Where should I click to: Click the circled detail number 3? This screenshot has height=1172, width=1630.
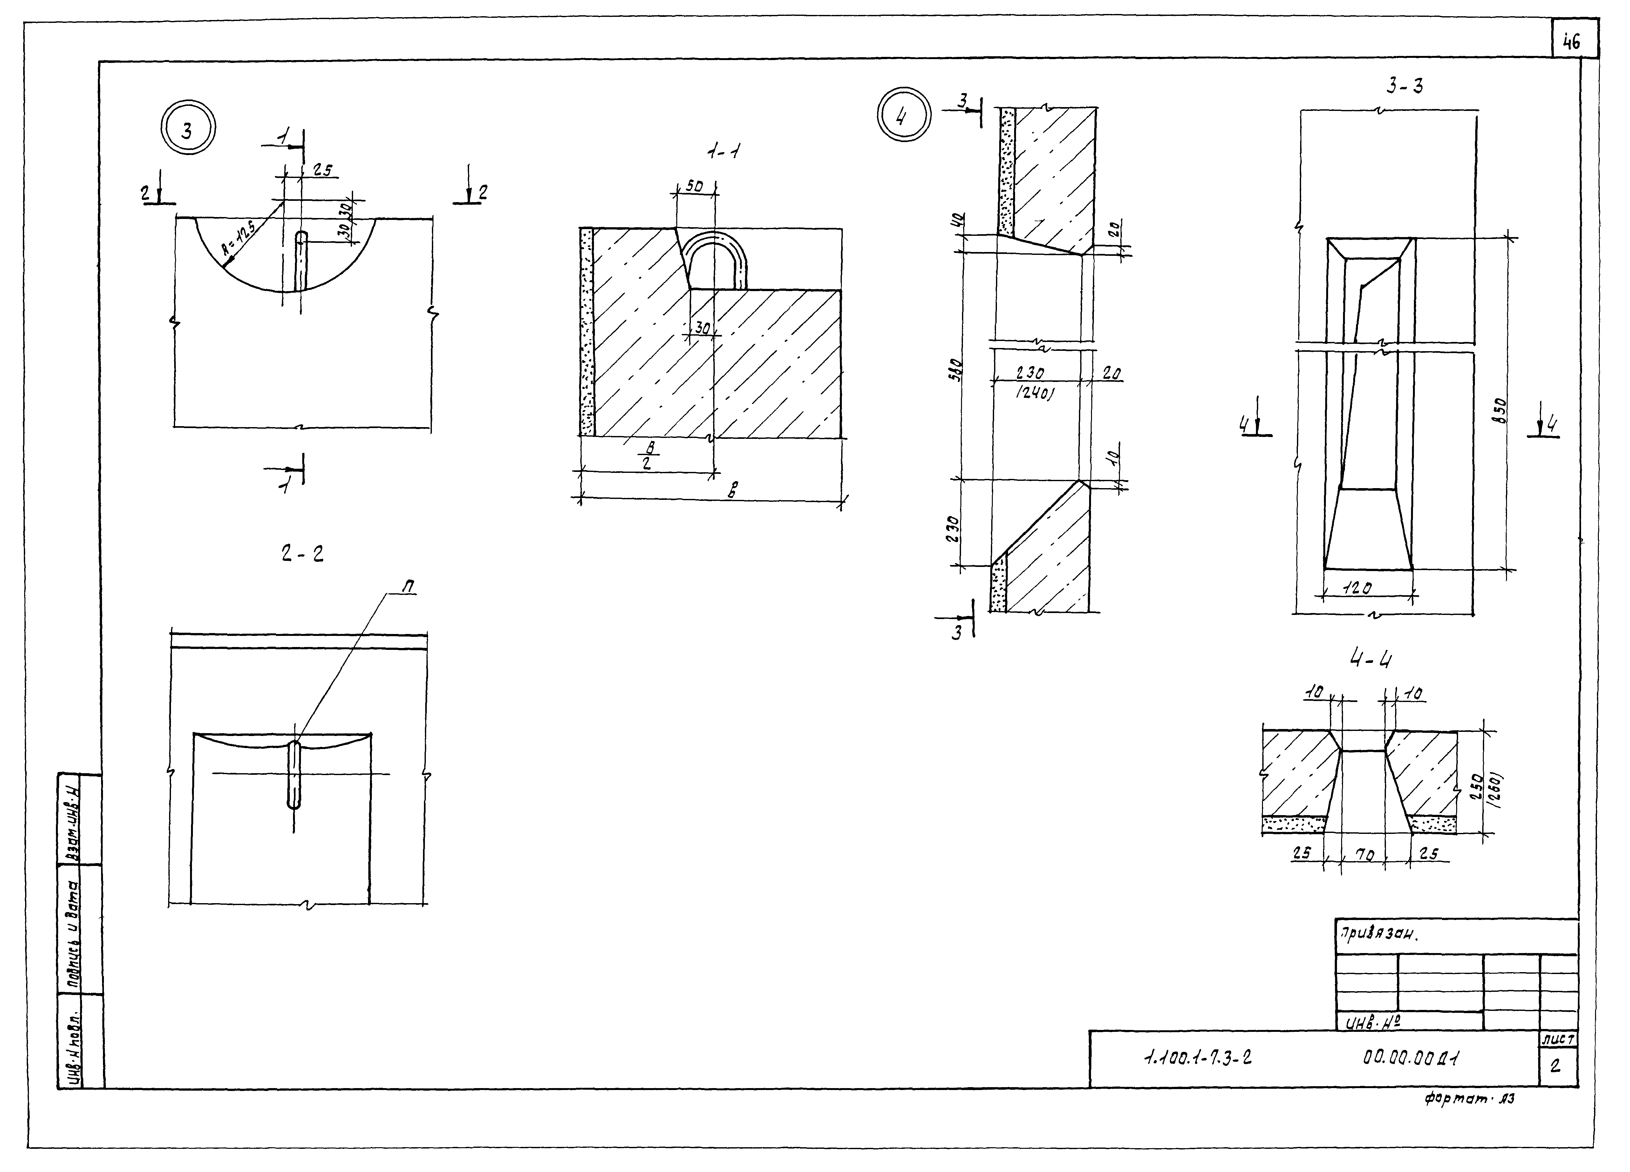(x=188, y=130)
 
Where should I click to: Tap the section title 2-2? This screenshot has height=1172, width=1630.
(x=302, y=553)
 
